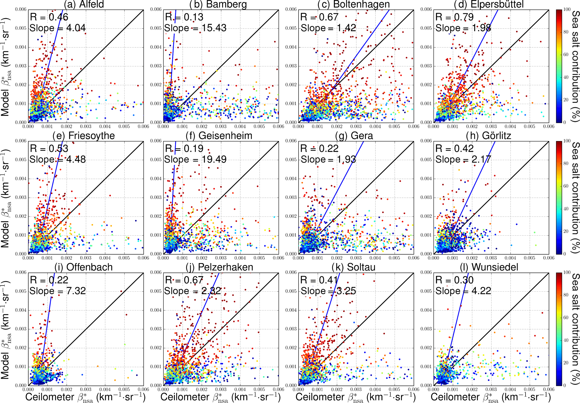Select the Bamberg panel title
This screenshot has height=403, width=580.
click(218, 4)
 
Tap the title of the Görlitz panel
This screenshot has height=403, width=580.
click(488, 136)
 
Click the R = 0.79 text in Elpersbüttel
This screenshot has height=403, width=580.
click(454, 17)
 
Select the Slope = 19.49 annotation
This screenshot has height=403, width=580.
click(195, 160)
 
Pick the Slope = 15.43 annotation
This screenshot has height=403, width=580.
click(195, 28)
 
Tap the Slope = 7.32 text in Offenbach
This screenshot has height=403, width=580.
click(58, 291)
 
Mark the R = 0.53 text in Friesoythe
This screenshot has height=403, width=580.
click(49, 149)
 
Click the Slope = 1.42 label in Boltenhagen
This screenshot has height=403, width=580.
click(328, 28)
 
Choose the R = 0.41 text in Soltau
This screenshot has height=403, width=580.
click(319, 280)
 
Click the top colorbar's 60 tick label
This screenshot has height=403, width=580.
click(566, 54)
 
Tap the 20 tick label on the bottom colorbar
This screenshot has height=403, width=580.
click(566, 363)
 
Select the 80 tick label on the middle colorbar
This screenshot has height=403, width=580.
click(566, 163)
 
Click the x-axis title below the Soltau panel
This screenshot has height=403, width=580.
click(356, 397)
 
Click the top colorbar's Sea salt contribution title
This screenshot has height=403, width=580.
click(575, 66)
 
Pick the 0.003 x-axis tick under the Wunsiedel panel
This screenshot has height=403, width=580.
click(491, 390)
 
